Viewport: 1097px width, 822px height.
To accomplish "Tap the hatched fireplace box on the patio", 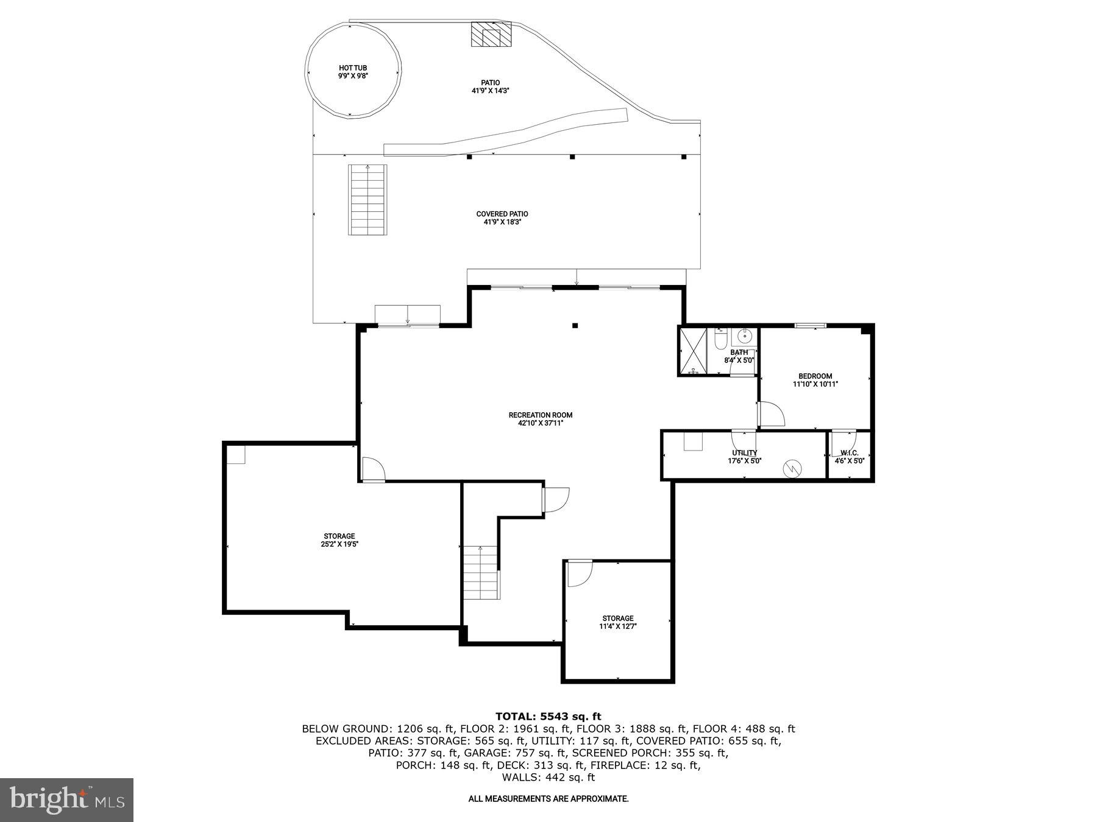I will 491,34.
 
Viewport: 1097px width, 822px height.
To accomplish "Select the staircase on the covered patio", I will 367,200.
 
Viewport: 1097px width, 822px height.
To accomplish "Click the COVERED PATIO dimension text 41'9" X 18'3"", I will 502,222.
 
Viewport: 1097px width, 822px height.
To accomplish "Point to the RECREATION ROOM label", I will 541,415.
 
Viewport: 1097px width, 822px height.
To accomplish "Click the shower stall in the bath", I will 694,351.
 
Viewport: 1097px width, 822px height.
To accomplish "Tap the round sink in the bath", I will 745,336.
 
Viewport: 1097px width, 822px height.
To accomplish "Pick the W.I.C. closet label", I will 849,453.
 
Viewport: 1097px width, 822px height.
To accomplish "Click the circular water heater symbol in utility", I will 792,468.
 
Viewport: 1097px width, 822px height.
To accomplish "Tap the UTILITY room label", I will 744,453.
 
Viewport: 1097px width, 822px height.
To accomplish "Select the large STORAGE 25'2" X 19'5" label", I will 339,536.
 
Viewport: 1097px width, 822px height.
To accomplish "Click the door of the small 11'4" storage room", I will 579,574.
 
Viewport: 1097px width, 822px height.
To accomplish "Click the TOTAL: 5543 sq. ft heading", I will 548,716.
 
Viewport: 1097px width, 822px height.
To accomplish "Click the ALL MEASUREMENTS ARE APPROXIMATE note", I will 548,798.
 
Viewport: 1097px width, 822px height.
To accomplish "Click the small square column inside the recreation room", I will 575,326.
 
